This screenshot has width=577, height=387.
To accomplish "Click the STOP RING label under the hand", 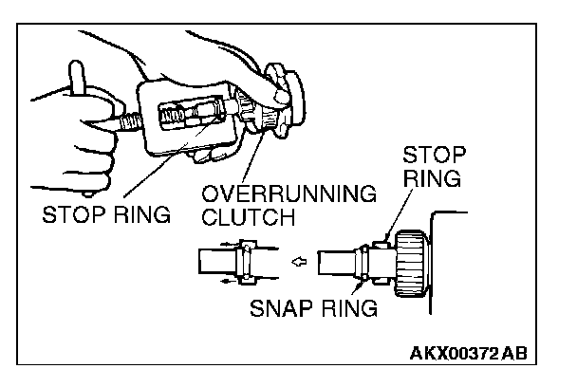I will coord(105,214).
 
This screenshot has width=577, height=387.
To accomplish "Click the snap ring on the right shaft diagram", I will coord(361,262).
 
